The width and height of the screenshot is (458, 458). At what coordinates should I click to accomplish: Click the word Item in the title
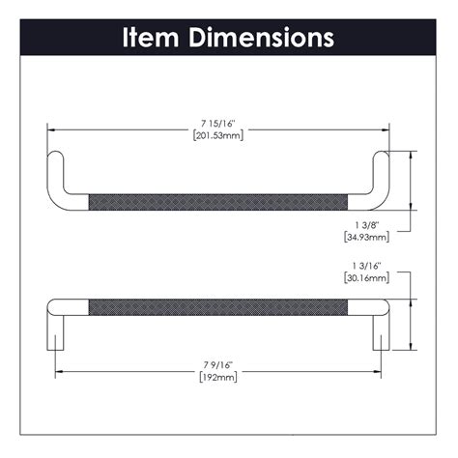tap(153, 38)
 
